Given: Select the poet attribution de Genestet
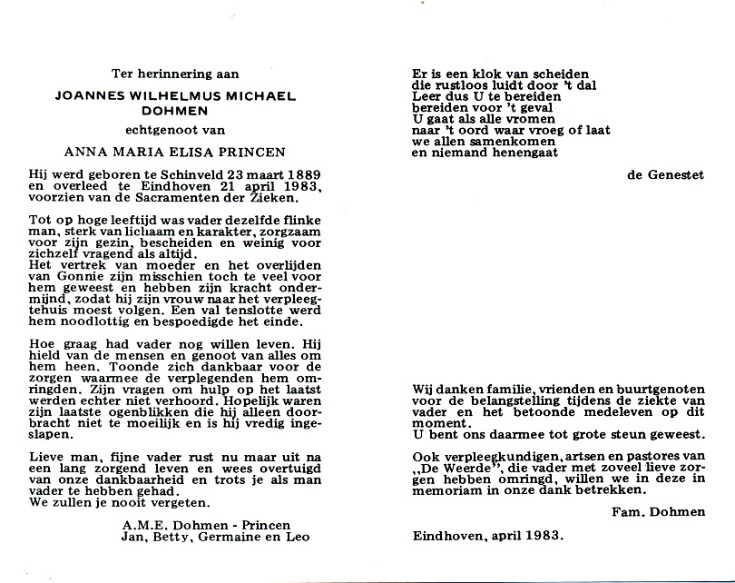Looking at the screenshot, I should coord(665,175).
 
